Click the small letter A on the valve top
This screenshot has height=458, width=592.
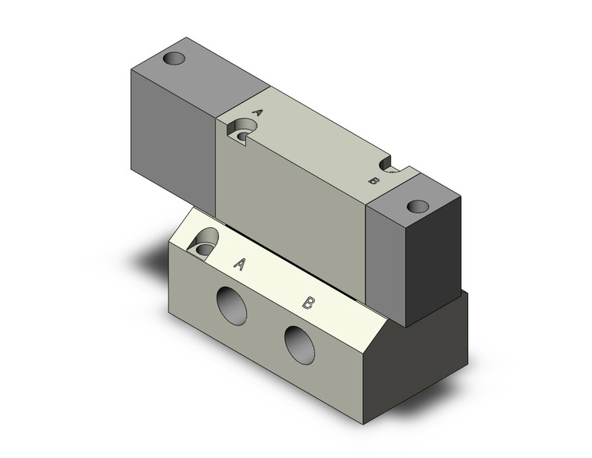coord(257,112)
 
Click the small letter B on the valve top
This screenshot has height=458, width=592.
coord(373,181)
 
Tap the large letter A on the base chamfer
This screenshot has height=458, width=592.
coord(240,264)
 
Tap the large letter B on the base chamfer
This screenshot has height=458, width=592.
coord(308,303)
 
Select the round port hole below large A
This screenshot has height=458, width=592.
coord(232,306)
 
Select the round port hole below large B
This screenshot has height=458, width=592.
coord(299,345)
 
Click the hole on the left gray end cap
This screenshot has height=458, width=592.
coord(174,59)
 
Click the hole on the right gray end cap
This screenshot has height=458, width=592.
coord(418,206)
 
